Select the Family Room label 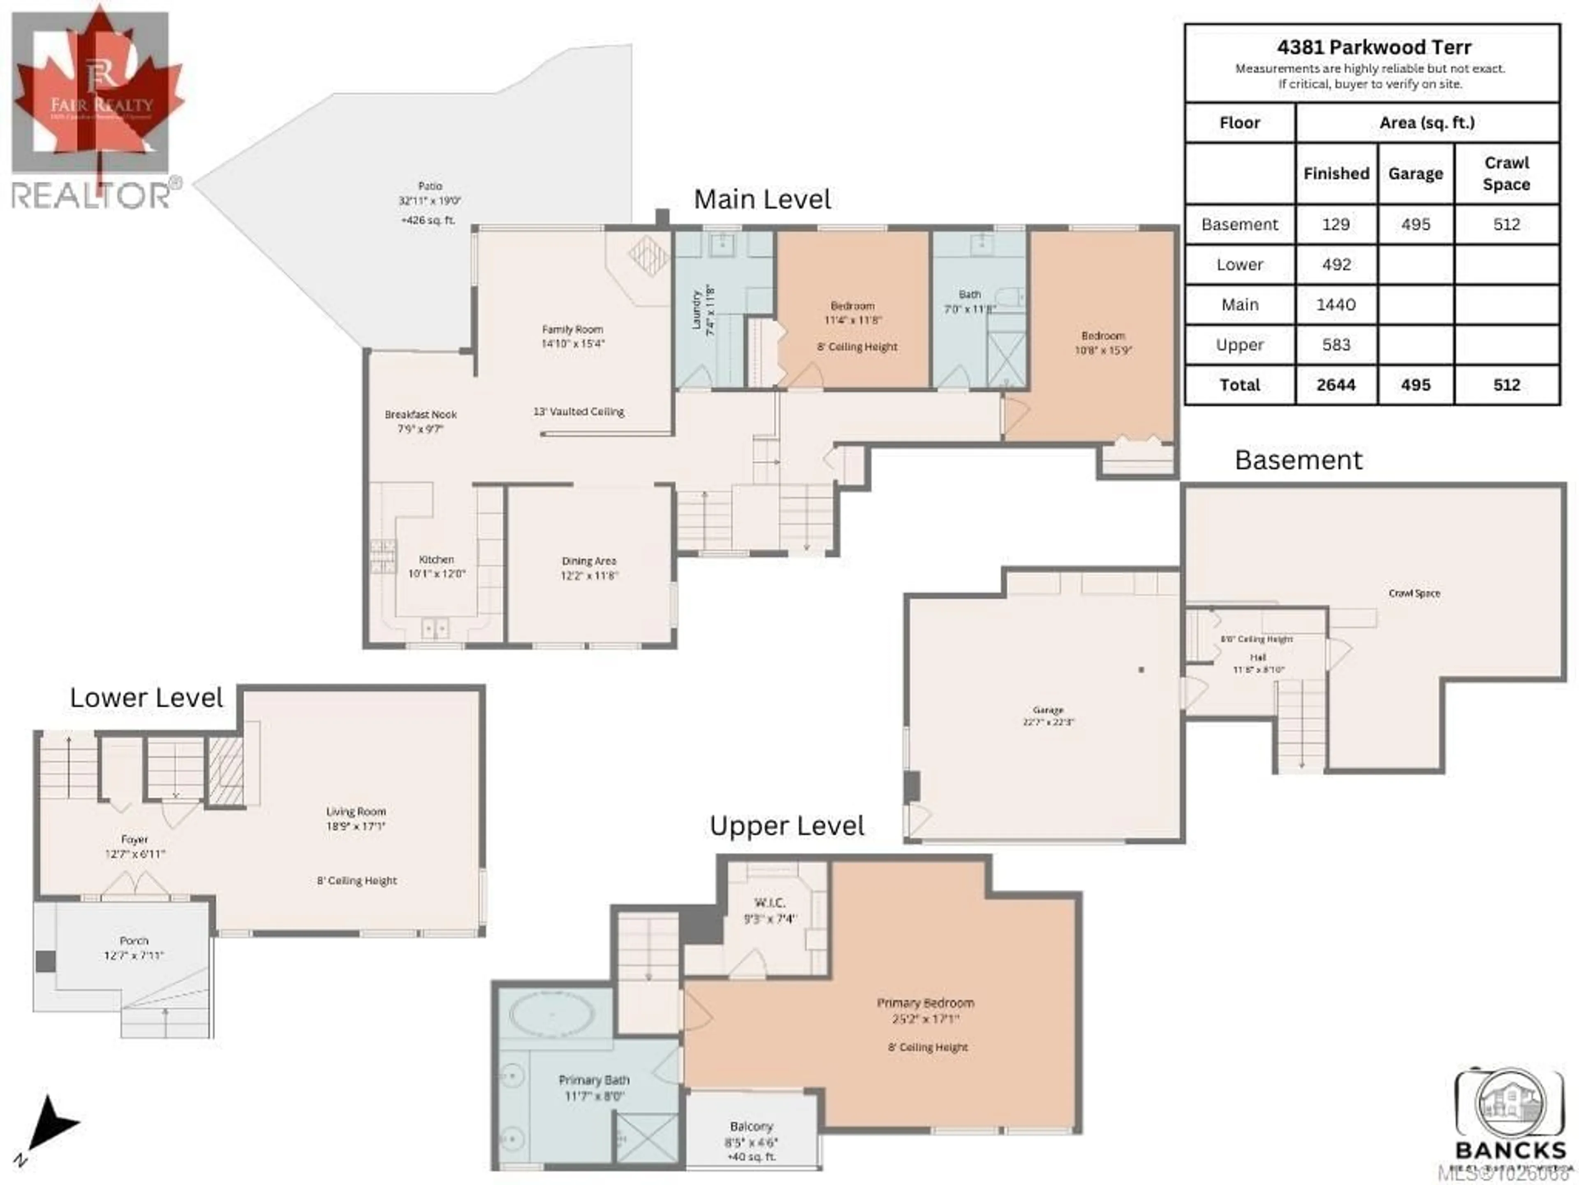(x=572, y=329)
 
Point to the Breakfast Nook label (x=420, y=414)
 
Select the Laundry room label (x=696, y=309)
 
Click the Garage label (x=1047, y=710)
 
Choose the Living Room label (x=356, y=811)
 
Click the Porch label (x=134, y=941)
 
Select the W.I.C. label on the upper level (x=769, y=903)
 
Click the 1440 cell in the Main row (x=1336, y=305)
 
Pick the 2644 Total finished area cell (x=1336, y=385)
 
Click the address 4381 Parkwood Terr (x=1373, y=48)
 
